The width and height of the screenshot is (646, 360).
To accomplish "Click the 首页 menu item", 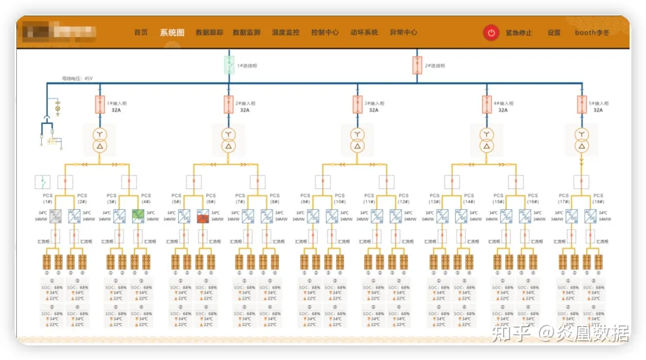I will click(141, 33).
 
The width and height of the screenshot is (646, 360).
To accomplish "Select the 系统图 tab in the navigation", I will click(172, 33).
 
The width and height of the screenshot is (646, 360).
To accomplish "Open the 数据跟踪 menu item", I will click(209, 33).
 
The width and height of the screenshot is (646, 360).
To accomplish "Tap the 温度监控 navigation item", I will click(285, 33).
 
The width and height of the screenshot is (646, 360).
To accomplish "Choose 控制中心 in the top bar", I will click(325, 33).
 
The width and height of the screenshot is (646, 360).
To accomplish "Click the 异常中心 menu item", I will click(403, 33).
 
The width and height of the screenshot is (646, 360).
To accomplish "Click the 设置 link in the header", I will click(554, 33).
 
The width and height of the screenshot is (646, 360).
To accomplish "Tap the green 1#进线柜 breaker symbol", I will click(228, 65).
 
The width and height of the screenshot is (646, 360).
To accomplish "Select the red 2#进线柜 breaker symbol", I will click(418, 65).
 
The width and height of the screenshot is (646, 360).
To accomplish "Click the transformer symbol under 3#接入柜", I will click(357, 140).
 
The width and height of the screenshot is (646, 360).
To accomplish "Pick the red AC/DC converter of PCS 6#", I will click(203, 216).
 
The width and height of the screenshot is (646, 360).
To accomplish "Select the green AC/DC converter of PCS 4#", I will click(138, 216).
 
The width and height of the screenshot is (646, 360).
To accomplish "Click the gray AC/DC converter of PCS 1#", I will click(55, 216).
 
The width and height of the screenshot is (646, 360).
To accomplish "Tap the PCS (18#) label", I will click(598, 199).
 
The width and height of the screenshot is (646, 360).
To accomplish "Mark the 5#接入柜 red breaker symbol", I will click(580, 105).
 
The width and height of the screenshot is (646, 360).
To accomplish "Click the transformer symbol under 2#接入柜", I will click(228, 140).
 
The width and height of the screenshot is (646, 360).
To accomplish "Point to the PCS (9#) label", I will click(305, 199).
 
